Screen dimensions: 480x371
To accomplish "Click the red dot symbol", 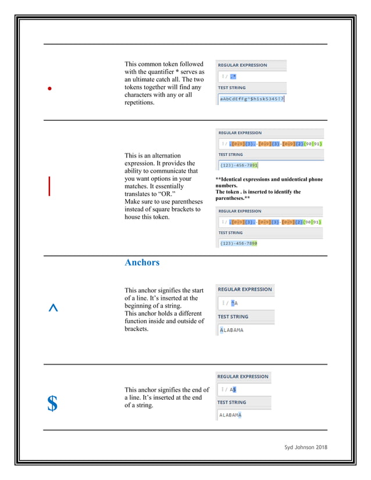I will pos(50,89).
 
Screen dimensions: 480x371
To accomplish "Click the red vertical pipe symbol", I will pos(49,185).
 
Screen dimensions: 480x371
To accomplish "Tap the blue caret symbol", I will pos(53,309).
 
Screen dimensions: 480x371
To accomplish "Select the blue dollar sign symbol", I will pos(52,403).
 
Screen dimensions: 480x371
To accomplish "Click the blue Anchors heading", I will pos(142,263).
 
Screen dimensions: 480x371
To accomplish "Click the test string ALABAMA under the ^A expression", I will pos(231,330).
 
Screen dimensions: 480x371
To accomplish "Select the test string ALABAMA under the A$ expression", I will pos(230,415).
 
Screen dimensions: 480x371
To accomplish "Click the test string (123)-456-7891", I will pos(238,165).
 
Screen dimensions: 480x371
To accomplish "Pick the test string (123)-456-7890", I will pos(238,243).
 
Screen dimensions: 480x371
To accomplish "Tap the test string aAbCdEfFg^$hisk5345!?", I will pos(251,99).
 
